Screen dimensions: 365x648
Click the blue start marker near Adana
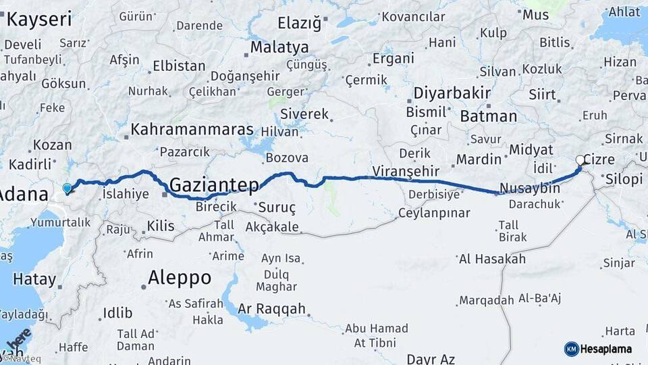[67, 189]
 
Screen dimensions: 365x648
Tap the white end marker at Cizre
[580, 160]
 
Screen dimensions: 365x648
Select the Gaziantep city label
[214, 185]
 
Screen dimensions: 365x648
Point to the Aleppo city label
[179, 278]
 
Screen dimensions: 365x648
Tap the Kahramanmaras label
[192, 129]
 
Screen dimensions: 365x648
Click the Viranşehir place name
[406, 170]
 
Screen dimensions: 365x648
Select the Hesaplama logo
[598, 349]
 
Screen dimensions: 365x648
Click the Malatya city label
[279, 47]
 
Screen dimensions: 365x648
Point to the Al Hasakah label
[491, 259]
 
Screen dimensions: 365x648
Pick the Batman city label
[489, 116]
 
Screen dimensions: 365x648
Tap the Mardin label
[479, 160]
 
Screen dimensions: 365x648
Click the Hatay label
[34, 278]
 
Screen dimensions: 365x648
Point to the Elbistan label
[179, 66]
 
